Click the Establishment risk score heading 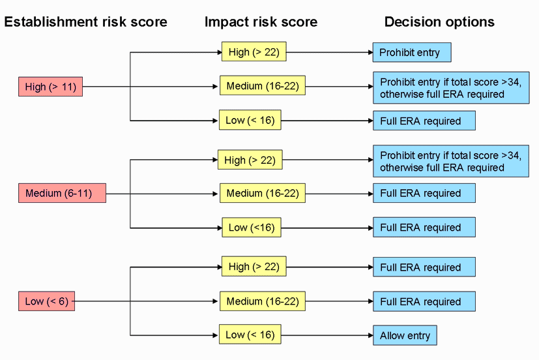pyautogui.click(x=86, y=22)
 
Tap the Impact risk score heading pyautogui.click(x=261, y=22)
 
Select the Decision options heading pyautogui.click(x=439, y=22)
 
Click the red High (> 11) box pyautogui.click(x=50, y=87)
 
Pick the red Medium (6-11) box pyautogui.click(x=62, y=193)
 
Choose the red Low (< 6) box pyautogui.click(x=46, y=301)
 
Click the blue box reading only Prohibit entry pyautogui.click(x=412, y=52)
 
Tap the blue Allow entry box pyautogui.click(x=405, y=335)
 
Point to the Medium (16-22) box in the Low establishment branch pyautogui.click(x=263, y=301)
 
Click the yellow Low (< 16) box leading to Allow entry pyautogui.click(x=250, y=335)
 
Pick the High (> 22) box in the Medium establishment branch pyautogui.click(x=250, y=160)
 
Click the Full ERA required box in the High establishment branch pyautogui.click(x=424, y=121)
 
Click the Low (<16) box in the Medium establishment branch pyautogui.click(x=252, y=228)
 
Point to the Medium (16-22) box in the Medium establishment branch pyautogui.click(x=263, y=193)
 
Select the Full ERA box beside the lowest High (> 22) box pyautogui.click(x=424, y=267)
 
